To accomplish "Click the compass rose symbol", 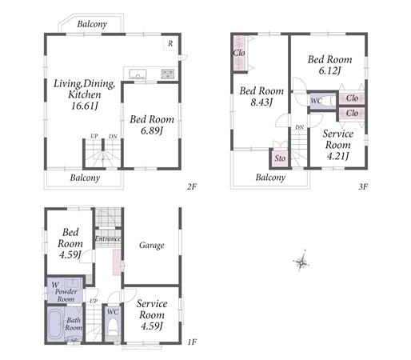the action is coord(301,262).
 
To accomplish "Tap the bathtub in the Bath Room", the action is coord(56,324).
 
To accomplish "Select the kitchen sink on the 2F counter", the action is coord(138,74).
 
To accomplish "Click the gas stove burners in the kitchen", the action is coord(167,74).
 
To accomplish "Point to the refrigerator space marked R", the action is coord(170,43).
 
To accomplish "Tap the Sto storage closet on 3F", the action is coord(280,158).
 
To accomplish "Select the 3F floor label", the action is coord(363,186).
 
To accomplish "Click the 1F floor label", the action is coord(192,342).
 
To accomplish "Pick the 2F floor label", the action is coord(192,186).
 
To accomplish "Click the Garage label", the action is coord(152,246).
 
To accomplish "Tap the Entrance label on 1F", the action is coord(108,238).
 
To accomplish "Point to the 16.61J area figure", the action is coord(85,106).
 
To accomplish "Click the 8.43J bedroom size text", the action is coord(261,102).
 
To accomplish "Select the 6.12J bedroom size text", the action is coord(329,70).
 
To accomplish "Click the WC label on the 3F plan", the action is coord(317,101).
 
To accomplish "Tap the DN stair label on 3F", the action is coord(299,127).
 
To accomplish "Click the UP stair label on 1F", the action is coord(94,301).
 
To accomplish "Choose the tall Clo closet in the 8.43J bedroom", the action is coord(239,53).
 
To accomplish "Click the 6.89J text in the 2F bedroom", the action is coord(152,130).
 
